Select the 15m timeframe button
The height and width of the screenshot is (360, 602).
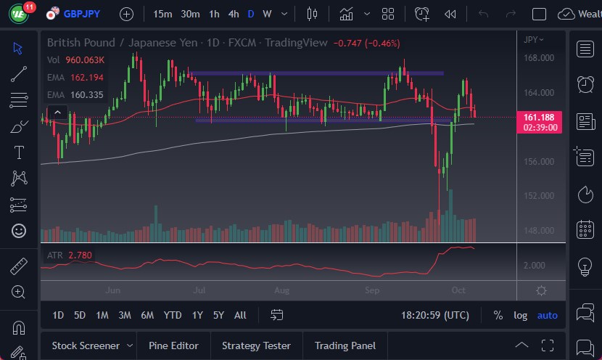click(x=163, y=14)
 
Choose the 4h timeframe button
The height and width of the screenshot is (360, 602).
click(x=233, y=14)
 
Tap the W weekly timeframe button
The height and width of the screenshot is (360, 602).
click(x=267, y=14)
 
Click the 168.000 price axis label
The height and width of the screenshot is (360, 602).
click(x=539, y=58)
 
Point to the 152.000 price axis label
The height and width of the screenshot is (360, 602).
click(x=539, y=196)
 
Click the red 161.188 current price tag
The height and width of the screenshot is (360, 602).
click(x=539, y=117)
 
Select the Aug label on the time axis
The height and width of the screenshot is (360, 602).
click(x=282, y=290)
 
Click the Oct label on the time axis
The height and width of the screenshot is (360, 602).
click(x=458, y=290)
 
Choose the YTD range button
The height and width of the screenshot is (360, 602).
click(x=173, y=315)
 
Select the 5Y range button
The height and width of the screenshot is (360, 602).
click(x=219, y=315)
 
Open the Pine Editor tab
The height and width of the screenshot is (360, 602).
click(x=173, y=345)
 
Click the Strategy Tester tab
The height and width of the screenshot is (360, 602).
click(x=256, y=345)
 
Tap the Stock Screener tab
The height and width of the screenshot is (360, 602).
click(x=86, y=345)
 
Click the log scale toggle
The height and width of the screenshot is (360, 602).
click(x=521, y=315)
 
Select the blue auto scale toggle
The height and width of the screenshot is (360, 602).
click(x=548, y=315)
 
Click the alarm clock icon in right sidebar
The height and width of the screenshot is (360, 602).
click(x=585, y=84)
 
